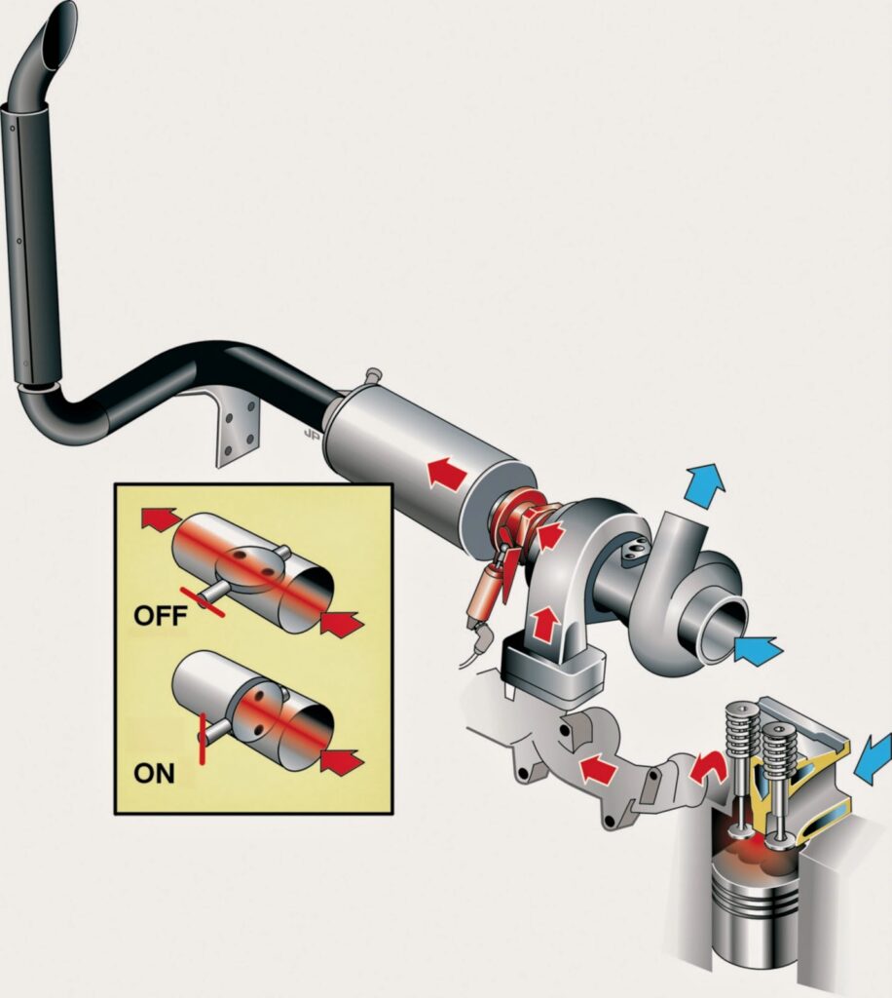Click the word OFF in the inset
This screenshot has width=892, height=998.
click(160, 616)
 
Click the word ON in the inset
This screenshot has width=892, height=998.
click(154, 773)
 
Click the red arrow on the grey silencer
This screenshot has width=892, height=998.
click(446, 472)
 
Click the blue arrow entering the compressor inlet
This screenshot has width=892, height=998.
click(758, 650)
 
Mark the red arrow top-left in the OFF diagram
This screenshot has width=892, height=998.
click(159, 518)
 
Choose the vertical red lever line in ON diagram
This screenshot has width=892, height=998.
click(203, 739)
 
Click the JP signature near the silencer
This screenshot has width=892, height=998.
click(313, 434)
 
